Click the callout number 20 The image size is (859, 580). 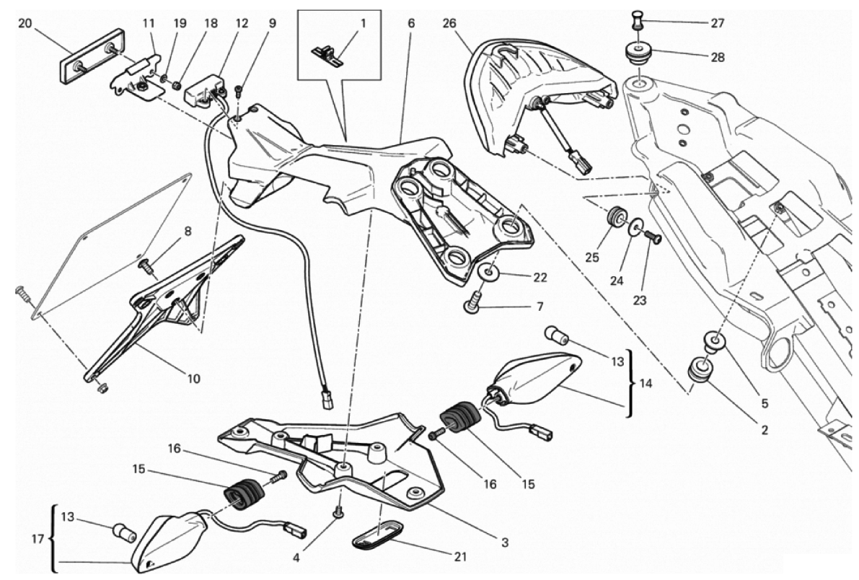tap(25, 23)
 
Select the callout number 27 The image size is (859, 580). tap(718, 23)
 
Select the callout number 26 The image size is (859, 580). tap(450, 23)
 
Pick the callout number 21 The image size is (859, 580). tap(460, 557)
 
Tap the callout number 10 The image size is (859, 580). tap(193, 378)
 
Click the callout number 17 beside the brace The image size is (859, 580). tap(38, 539)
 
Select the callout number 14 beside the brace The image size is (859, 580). tap(646, 382)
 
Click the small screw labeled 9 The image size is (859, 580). tap(238, 91)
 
